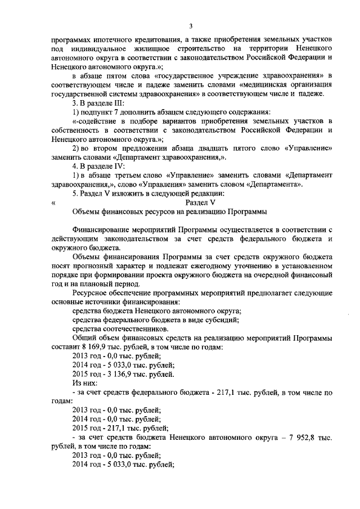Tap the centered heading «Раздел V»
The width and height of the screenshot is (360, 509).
click(201, 201)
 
